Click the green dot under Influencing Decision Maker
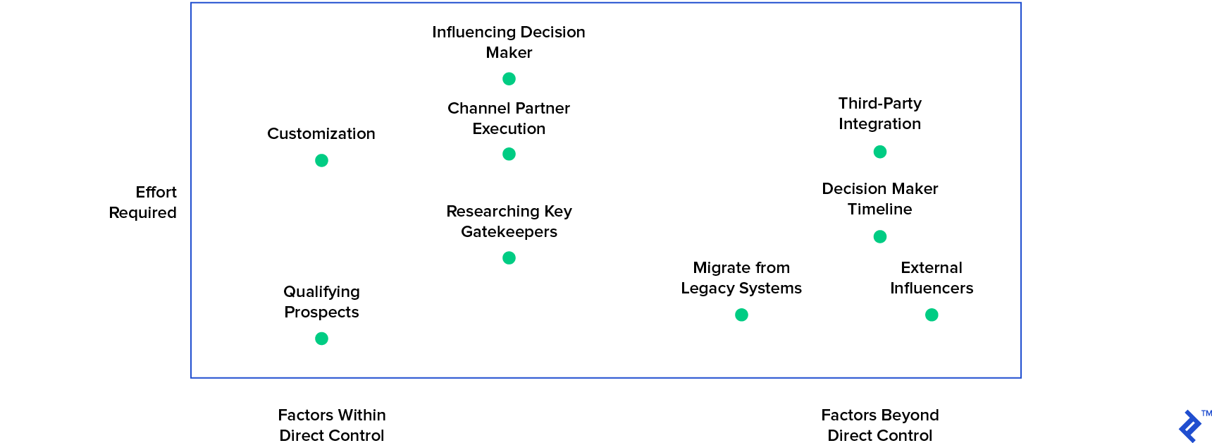click(509, 79)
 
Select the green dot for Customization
click(321, 161)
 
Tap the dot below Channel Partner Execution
click(509, 154)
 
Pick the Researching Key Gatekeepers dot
click(509, 258)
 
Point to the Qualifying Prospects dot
click(321, 339)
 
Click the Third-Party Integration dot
click(879, 152)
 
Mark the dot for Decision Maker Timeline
click(879, 237)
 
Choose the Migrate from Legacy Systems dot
click(741, 315)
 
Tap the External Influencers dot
click(932, 315)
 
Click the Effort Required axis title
click(143, 202)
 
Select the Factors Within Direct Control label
click(331, 425)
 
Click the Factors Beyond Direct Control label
click(879, 425)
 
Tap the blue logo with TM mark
click(1191, 426)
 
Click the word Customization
click(321, 134)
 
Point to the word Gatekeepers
click(509, 232)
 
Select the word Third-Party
click(879, 104)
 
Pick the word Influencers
click(932, 289)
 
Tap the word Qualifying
click(321, 292)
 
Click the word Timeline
click(879, 210)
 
